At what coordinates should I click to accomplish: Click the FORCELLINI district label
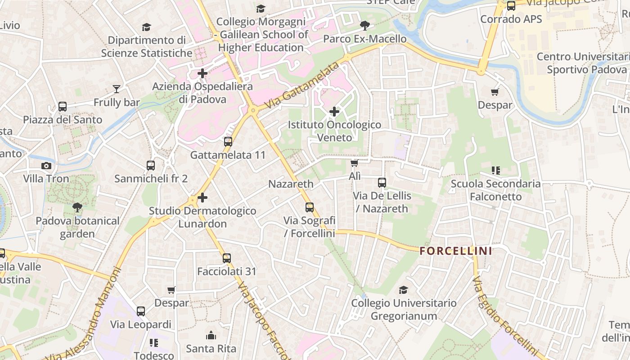(456, 251)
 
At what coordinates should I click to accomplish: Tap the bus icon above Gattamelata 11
(228, 142)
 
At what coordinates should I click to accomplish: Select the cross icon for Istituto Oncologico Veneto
(334, 111)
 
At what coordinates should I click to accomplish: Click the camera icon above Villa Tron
(46, 166)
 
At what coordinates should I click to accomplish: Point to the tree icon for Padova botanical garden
(77, 207)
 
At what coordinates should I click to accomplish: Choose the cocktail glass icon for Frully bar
(117, 89)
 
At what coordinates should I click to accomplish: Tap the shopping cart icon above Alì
(355, 163)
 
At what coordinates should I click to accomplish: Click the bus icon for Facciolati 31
(227, 258)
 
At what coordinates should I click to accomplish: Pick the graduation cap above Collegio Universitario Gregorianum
(404, 290)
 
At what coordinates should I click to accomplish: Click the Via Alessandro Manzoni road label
(85, 315)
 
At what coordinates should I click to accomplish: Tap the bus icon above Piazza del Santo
(63, 107)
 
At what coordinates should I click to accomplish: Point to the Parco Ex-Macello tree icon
(365, 26)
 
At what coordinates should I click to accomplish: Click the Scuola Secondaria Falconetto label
(495, 190)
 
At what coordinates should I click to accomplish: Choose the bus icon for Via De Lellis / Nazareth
(382, 182)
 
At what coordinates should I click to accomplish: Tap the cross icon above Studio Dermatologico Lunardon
(202, 197)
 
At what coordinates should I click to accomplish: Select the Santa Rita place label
(211, 348)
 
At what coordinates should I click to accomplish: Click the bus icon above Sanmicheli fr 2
(151, 166)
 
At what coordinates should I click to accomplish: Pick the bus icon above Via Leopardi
(141, 311)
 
